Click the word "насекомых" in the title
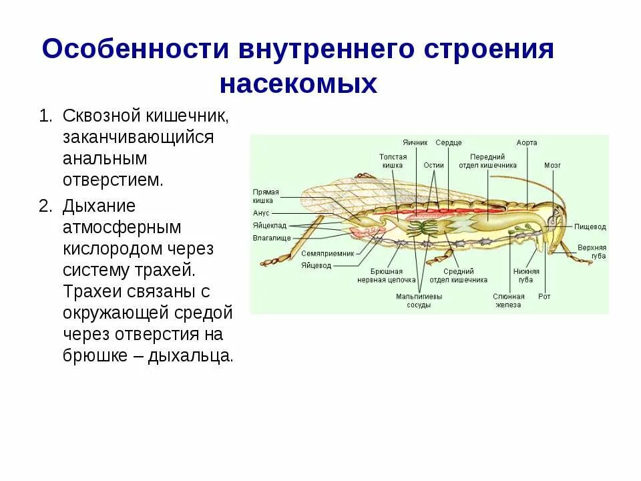(x=298, y=84)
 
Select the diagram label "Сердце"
(x=448, y=143)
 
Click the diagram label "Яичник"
(x=415, y=143)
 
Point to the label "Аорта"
(x=527, y=143)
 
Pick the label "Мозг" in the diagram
(x=552, y=164)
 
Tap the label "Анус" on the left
(x=260, y=214)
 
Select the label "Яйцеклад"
(x=269, y=225)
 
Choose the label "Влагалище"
(x=270, y=237)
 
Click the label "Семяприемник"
(x=325, y=254)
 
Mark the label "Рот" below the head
(x=545, y=297)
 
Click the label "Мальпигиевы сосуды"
(x=419, y=301)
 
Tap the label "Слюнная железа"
(x=507, y=301)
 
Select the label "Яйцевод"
(x=316, y=265)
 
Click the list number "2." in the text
(x=45, y=206)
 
